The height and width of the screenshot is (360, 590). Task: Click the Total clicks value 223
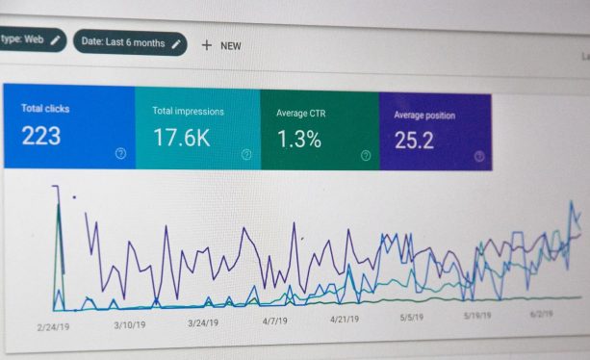[41, 136]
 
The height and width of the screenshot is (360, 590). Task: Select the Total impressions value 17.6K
[181, 138]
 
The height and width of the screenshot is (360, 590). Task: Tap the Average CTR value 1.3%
[299, 140]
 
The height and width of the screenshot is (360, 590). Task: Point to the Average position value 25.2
[414, 141]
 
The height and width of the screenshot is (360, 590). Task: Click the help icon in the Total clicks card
[120, 153]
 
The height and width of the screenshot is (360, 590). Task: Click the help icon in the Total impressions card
[245, 154]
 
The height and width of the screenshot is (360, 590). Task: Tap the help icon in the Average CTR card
[366, 155]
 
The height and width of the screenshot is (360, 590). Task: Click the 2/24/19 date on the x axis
[54, 326]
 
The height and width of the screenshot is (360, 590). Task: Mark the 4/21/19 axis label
[345, 319]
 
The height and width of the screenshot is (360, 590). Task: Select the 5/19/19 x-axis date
[478, 315]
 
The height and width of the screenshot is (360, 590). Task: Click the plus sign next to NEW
[206, 44]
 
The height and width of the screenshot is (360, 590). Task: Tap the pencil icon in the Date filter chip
[176, 42]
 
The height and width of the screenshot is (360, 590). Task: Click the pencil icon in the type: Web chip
[55, 39]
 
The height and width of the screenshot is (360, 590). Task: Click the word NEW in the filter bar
[231, 45]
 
